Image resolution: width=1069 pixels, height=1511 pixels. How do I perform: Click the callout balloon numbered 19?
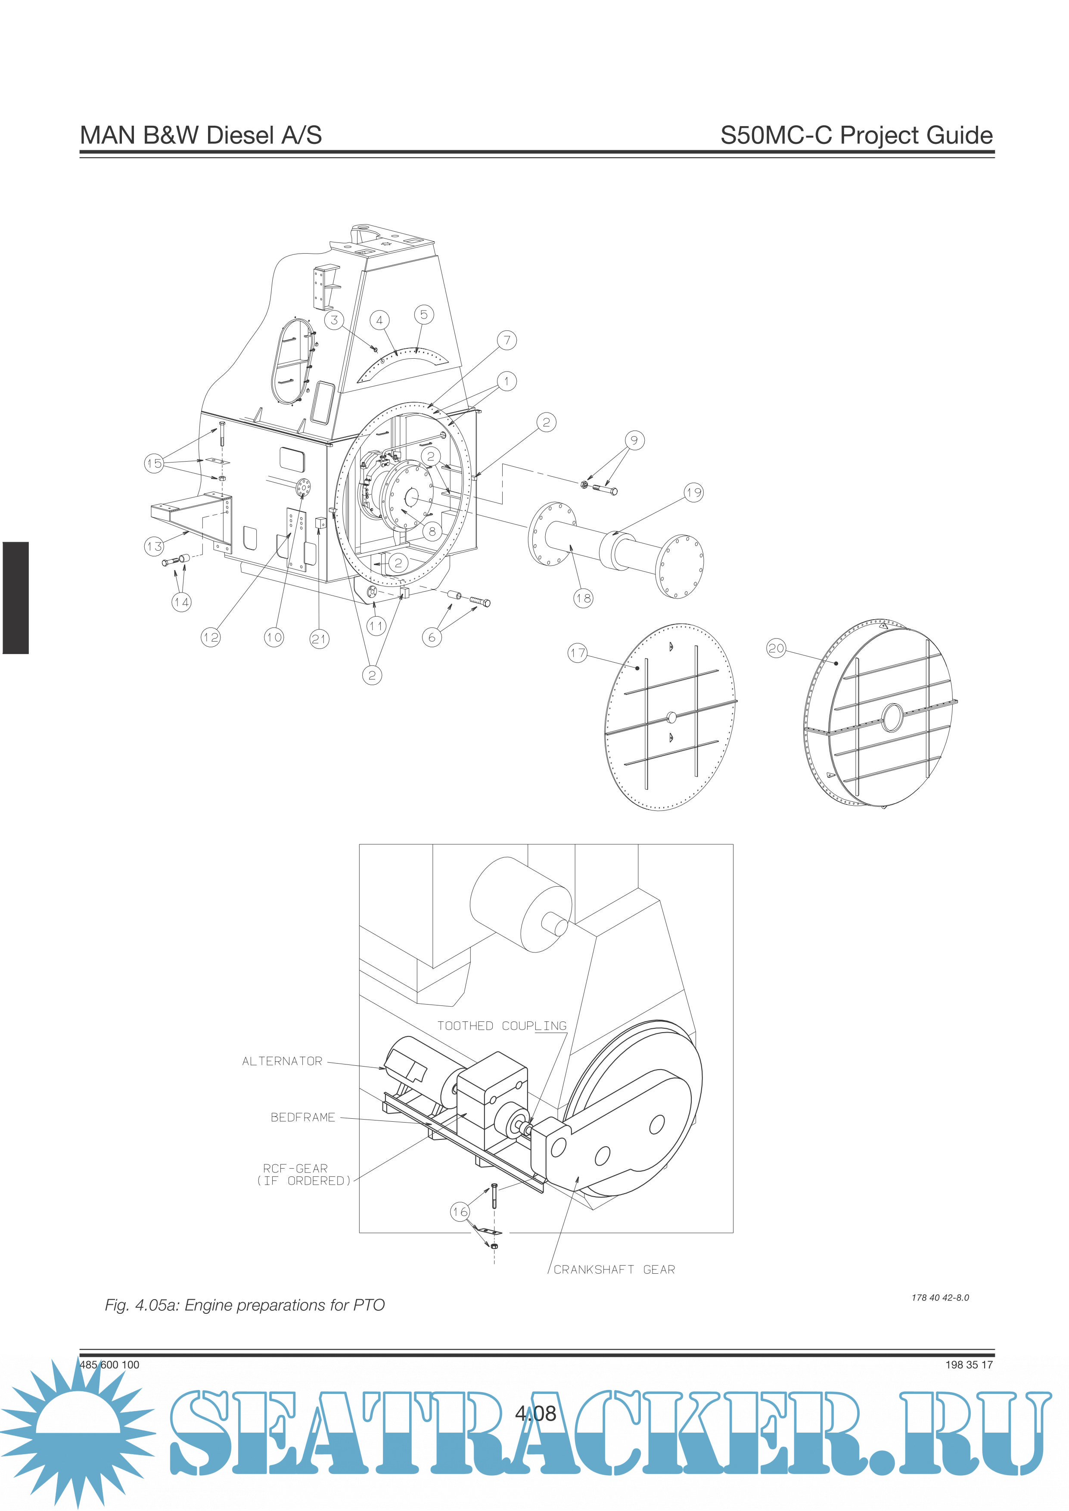[694, 492]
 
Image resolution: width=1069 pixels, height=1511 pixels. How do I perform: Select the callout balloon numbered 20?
[776, 648]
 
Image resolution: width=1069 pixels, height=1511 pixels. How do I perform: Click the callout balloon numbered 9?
[634, 440]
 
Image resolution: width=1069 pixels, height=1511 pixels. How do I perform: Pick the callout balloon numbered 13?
[154, 546]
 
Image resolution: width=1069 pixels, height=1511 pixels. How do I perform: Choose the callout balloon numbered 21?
[319, 638]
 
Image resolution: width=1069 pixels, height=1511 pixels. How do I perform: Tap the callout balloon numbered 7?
[507, 340]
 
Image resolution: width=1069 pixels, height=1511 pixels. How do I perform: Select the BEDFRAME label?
[303, 1117]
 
